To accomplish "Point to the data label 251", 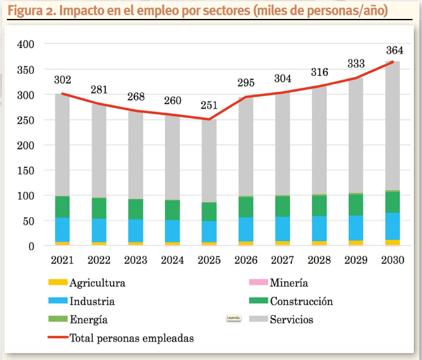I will click(209, 105).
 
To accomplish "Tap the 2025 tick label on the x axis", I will click(209, 260).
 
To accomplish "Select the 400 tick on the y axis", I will click(26, 45).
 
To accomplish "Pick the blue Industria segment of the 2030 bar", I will click(393, 226).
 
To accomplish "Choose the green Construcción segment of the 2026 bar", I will click(246, 207).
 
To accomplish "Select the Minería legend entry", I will click(289, 283).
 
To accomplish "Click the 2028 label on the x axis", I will click(319, 260).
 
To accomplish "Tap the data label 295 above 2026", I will click(246, 83).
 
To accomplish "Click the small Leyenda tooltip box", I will click(234, 318).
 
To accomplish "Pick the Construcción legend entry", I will click(301, 301).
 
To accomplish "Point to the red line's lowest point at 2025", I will click(209, 119).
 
